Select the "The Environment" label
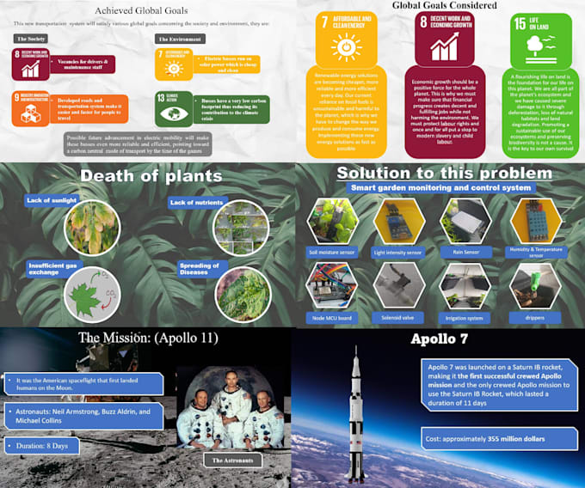point(182,39)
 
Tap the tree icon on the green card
point(539,43)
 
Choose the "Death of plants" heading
point(151,176)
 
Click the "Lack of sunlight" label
point(52,201)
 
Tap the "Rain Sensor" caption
point(465,253)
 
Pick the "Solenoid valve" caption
point(398,317)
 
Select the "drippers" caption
point(535,317)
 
